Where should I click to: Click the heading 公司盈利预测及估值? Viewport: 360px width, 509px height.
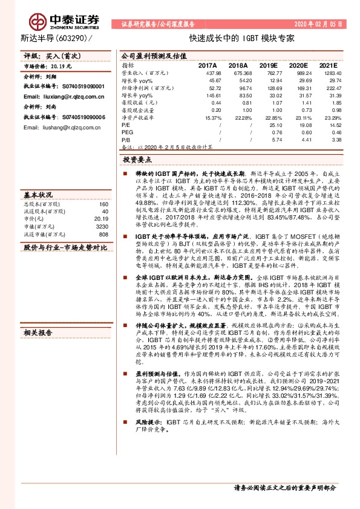point(148,54)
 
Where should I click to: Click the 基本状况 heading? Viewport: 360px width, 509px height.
point(38,195)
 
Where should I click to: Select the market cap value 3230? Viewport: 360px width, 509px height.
point(102,226)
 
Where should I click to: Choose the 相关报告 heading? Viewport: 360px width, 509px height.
point(38,333)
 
